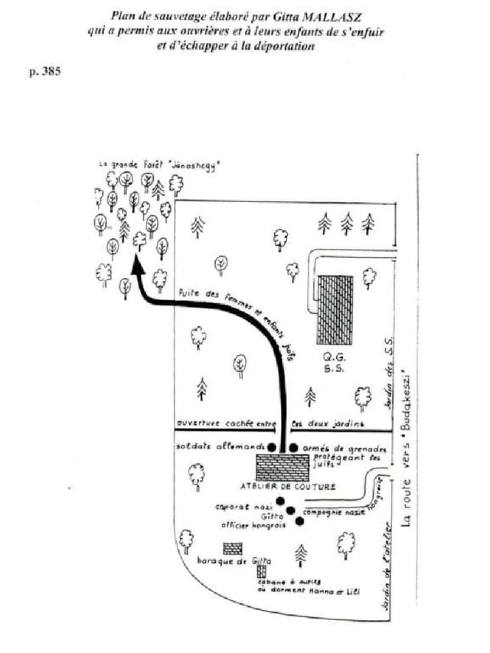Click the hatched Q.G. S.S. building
coord(335,312)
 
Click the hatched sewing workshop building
coord(283,467)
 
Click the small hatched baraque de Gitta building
coord(233,549)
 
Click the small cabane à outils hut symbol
coord(262,571)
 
